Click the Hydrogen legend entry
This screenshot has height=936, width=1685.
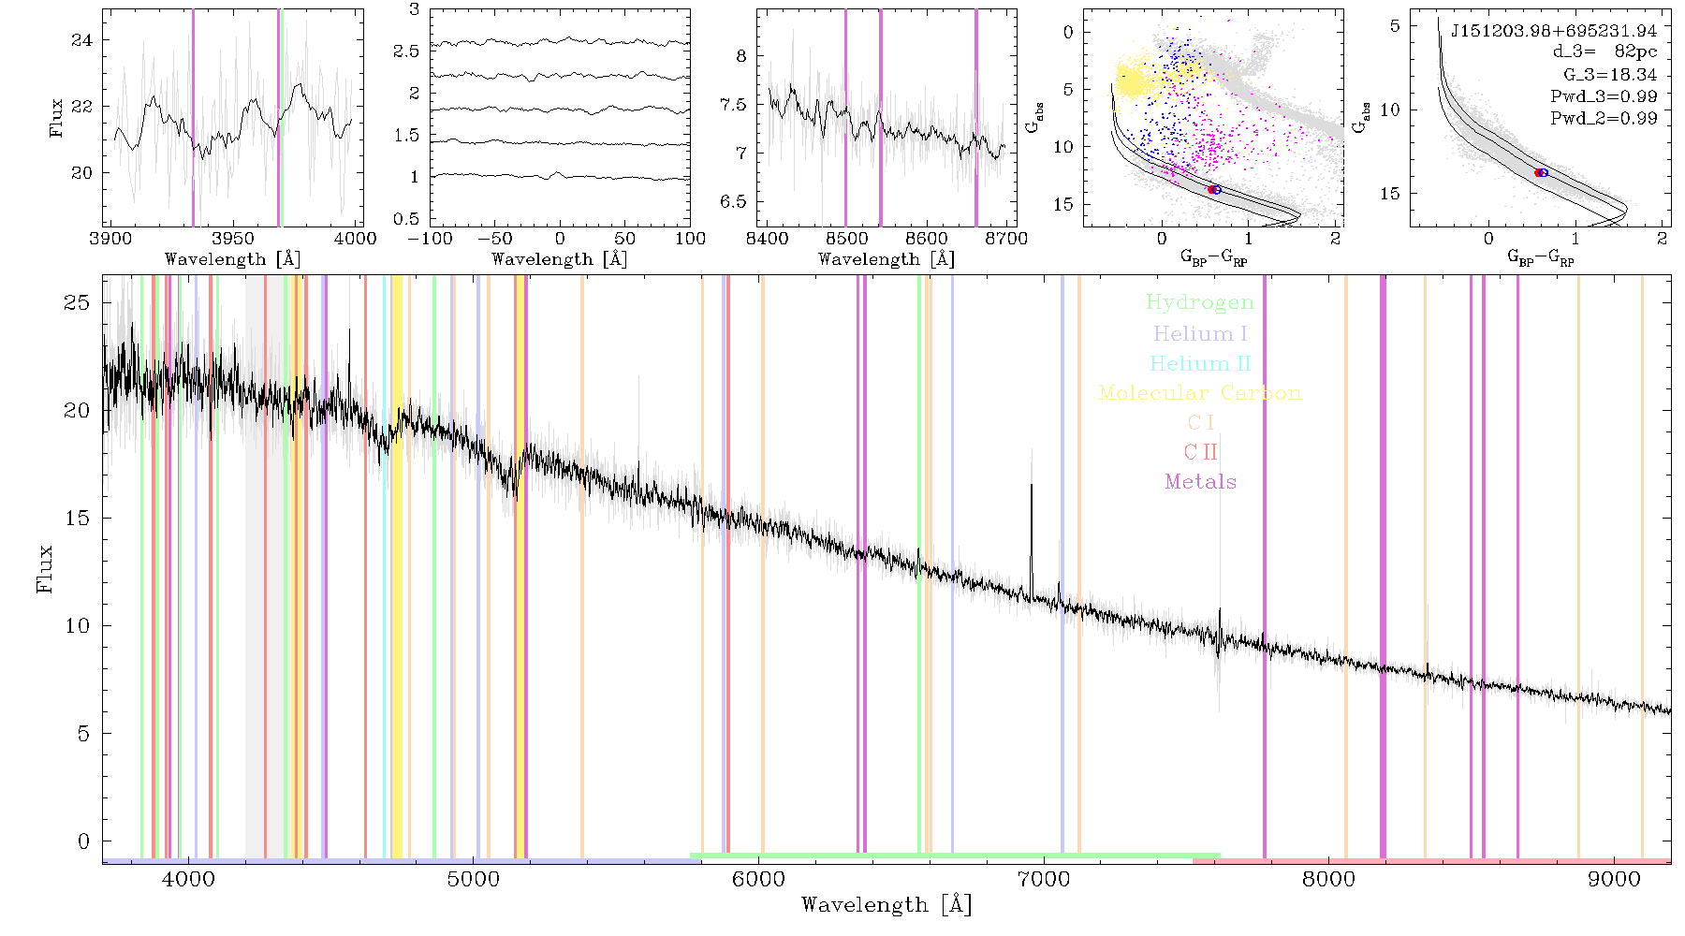click(1199, 303)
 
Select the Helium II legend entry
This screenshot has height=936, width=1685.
click(1199, 363)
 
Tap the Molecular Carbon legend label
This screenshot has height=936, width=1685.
click(1200, 393)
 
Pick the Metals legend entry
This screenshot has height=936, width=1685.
click(1200, 482)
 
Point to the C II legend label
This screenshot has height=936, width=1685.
click(1200, 452)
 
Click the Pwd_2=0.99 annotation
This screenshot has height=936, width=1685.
click(1604, 119)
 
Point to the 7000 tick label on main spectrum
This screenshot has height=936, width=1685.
click(1043, 880)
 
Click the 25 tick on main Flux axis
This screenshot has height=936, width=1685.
click(78, 302)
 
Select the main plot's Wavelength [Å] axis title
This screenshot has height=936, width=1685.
click(886, 905)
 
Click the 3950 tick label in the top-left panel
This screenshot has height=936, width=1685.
click(233, 239)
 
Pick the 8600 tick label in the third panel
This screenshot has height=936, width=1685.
click(927, 239)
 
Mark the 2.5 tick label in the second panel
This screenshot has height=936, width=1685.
click(406, 51)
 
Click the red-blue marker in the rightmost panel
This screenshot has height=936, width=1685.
click(1541, 172)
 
